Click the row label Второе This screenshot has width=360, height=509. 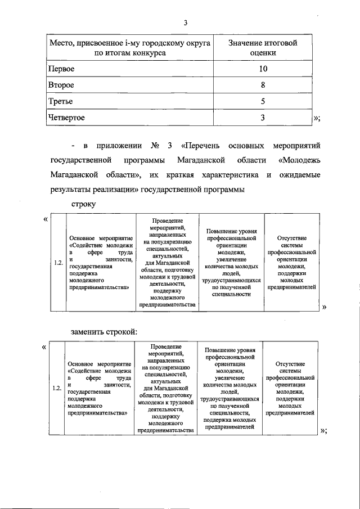(62, 85)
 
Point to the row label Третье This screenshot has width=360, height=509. (61, 101)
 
